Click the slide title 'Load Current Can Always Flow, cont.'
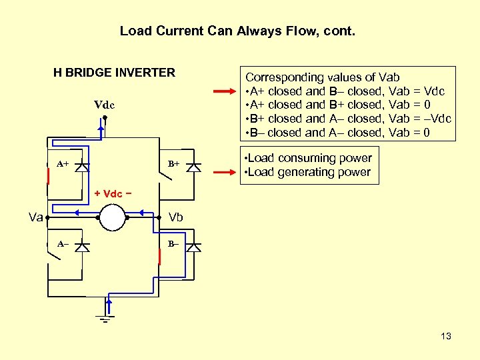point(238,31)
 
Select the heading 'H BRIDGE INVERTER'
point(114,73)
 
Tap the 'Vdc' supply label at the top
point(105,105)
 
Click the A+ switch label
point(62,163)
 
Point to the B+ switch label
point(173,163)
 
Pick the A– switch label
point(62,244)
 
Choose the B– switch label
point(173,244)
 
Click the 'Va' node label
point(36,217)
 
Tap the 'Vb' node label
point(176,217)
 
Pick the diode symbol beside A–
point(82,247)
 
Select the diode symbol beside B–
point(193,247)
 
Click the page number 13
point(446,336)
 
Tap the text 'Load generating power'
point(309,173)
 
